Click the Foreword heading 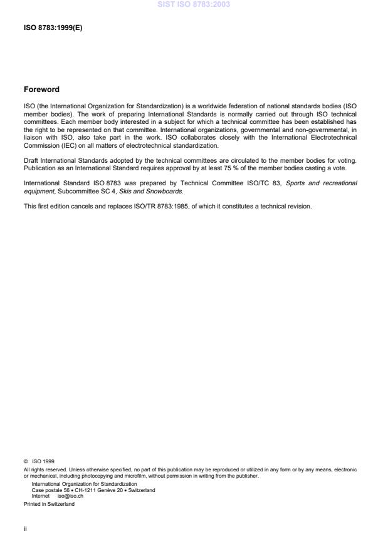pos(41,89)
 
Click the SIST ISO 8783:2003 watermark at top pos(194,4)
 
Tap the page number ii pos(24,528)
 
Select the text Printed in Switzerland pos(49,503)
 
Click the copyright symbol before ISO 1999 pos(25,461)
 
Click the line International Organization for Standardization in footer pos(75,484)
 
